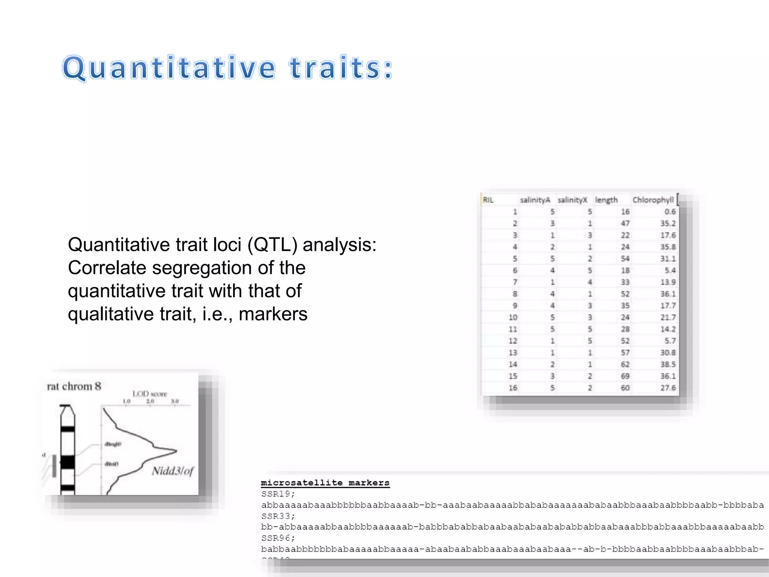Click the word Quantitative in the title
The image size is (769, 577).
tap(169, 68)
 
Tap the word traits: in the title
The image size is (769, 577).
tap(341, 68)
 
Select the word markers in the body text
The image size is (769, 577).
tap(273, 314)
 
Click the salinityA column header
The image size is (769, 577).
tap(535, 200)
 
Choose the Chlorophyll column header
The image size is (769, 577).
tap(653, 200)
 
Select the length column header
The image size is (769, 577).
tap(606, 200)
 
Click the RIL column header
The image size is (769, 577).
tap(488, 200)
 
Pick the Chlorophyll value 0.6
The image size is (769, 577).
tap(670, 212)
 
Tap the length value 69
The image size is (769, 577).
tap(625, 376)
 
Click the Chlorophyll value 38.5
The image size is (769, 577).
tap(668, 364)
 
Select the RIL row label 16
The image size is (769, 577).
tap(513, 388)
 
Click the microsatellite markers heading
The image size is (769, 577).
tap(325, 483)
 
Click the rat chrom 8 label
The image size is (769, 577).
tap(74, 386)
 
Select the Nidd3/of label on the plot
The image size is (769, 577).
tap(173, 471)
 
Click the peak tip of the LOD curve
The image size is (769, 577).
tap(176, 450)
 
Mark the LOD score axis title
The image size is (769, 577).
tap(149, 394)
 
